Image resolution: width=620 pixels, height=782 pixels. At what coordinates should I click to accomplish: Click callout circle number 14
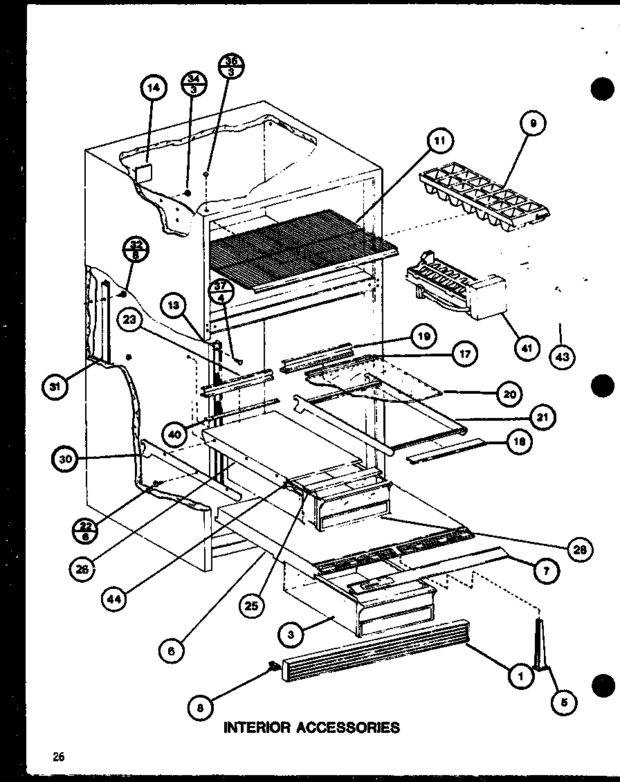coord(154,87)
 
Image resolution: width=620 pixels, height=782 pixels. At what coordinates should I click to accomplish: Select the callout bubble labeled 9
coord(533,125)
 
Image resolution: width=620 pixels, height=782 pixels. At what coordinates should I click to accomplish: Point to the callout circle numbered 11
coord(439,142)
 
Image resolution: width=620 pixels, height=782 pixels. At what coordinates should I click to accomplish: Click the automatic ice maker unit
coord(453,288)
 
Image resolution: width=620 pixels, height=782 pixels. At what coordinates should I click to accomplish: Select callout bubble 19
coord(423,337)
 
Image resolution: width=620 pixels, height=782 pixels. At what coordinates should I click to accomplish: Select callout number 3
coord(293,633)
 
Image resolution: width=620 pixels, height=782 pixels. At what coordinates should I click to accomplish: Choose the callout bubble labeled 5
coord(565,702)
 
